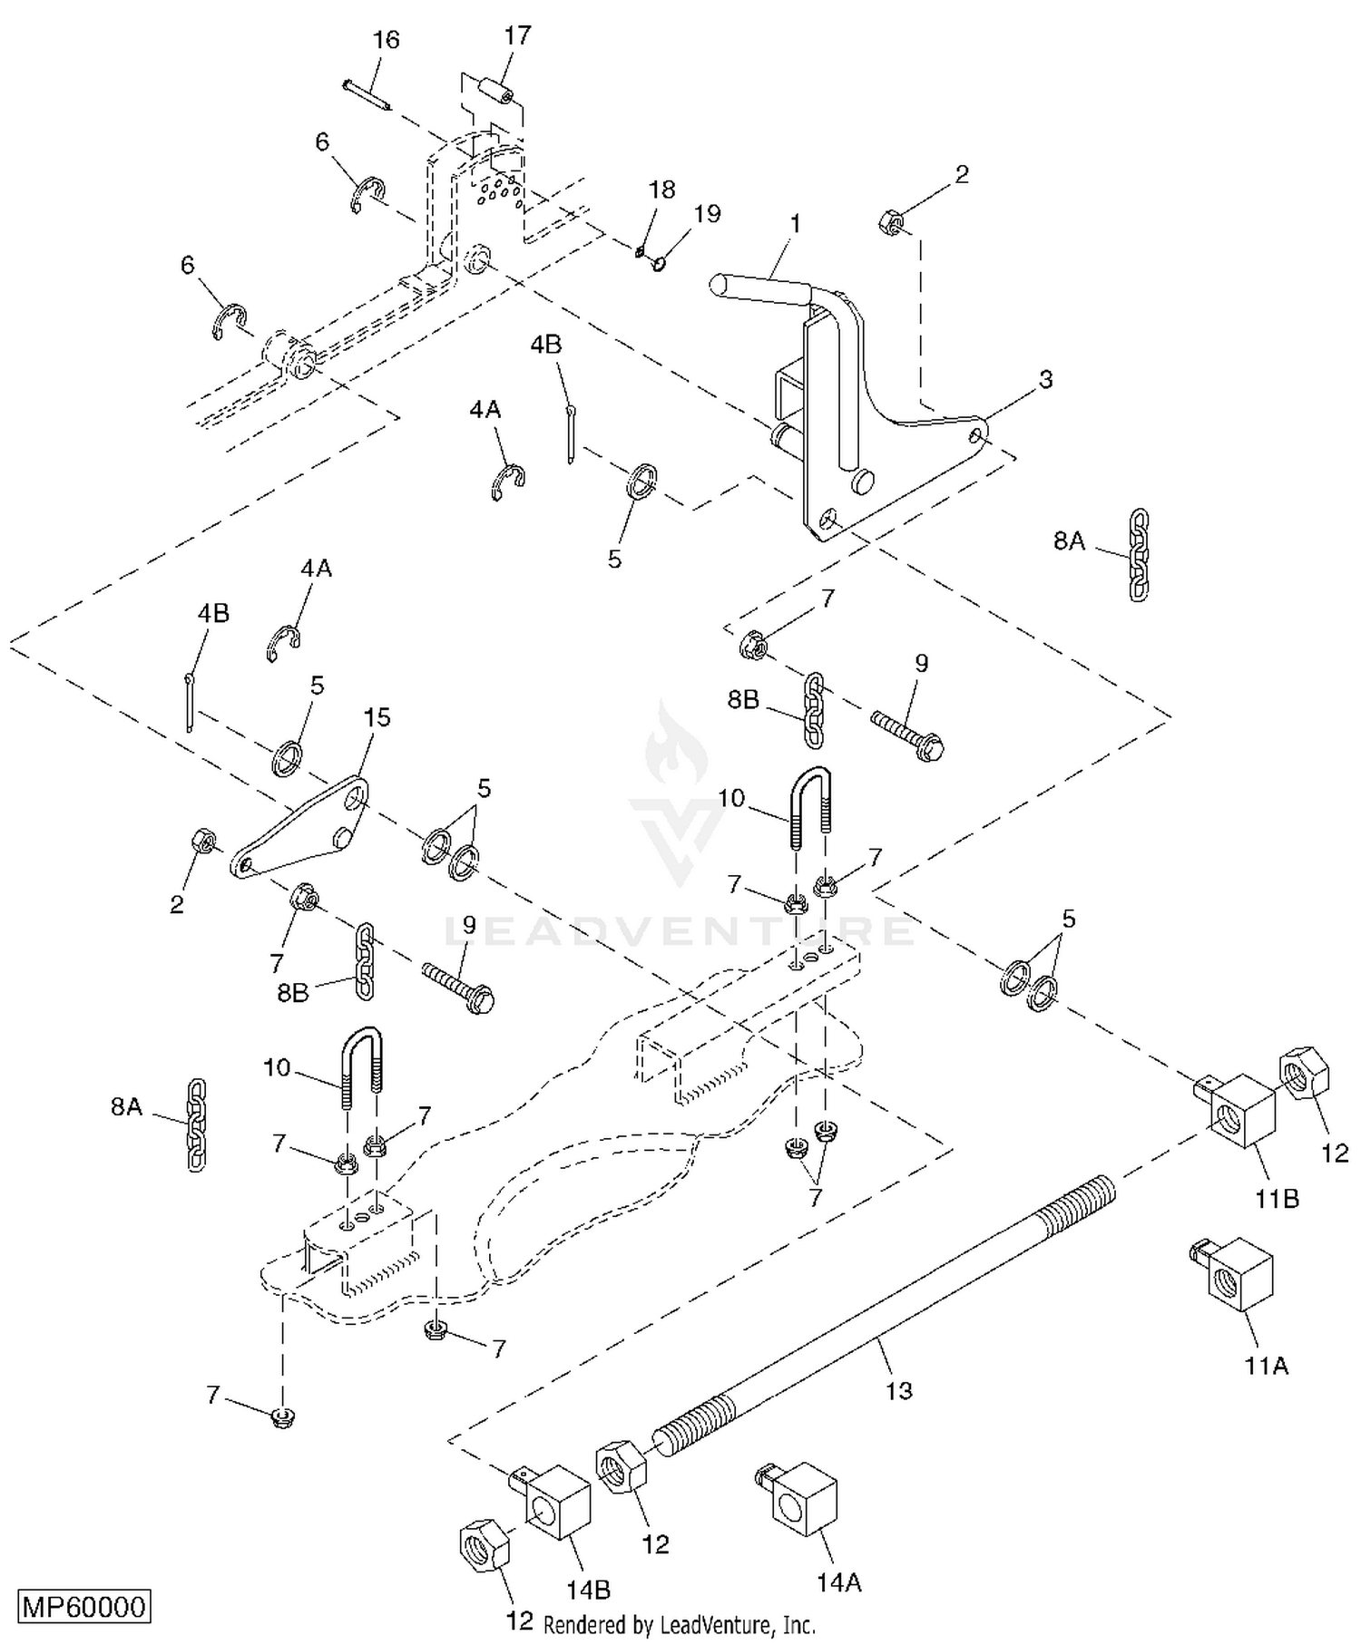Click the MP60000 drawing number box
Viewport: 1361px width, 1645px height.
84,1607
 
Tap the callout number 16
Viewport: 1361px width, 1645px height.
386,40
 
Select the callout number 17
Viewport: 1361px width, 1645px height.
518,35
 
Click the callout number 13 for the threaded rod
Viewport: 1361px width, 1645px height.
898,1390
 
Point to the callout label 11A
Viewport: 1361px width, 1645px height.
1267,1365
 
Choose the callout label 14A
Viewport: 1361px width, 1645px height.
838,1582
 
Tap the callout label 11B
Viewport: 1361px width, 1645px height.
1278,1199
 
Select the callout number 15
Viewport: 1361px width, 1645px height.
377,717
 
